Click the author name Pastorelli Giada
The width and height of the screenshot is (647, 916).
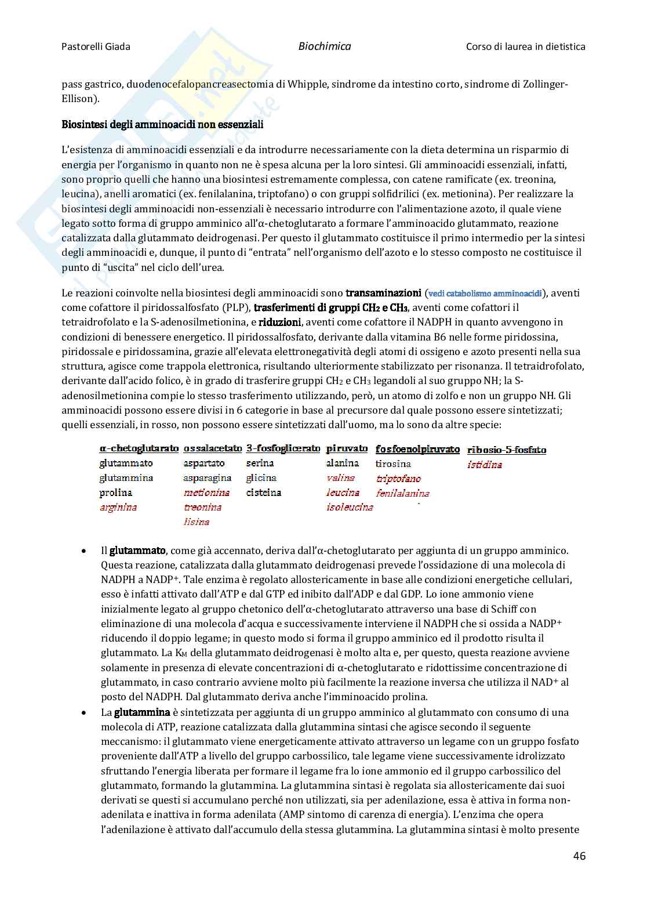tap(96, 46)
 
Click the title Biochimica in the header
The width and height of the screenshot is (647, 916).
tap(325, 46)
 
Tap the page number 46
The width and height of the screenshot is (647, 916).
tap(579, 856)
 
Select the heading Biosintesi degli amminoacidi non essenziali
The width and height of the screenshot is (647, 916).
tap(162, 124)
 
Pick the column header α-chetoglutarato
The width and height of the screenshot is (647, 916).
tap(139, 448)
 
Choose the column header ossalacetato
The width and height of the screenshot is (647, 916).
tap(213, 448)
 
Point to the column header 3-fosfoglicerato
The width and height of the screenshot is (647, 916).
tap(283, 448)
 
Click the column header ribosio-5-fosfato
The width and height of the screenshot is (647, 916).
tap(506, 450)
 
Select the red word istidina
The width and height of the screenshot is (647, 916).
tap(485, 464)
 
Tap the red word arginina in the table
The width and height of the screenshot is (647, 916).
tap(118, 507)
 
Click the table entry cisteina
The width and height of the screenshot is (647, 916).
tap(263, 493)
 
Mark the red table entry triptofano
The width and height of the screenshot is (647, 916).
tap(398, 479)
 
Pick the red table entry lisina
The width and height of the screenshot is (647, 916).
tap(197, 522)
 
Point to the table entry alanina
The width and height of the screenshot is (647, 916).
tap(343, 463)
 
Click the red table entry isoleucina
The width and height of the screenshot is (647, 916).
tap(350, 507)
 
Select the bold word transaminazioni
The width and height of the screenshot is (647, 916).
tap(383, 293)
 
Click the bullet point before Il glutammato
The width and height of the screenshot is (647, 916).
tap(85, 551)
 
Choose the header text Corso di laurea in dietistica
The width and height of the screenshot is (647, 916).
tap(525, 46)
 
